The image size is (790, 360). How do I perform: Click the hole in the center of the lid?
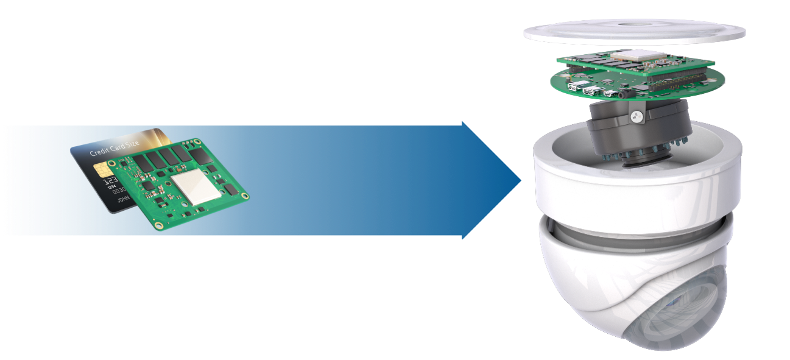tap(633, 24)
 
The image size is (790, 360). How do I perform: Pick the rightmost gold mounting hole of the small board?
tap(244, 196)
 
